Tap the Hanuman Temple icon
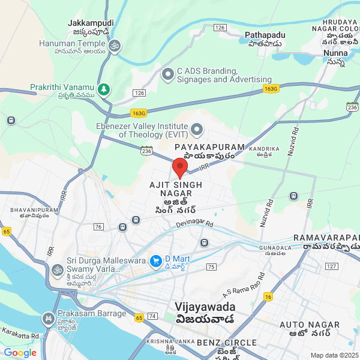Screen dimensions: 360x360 coord(114,44)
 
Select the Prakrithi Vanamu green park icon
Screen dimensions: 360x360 coord(104,89)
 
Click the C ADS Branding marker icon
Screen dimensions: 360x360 coord(168,75)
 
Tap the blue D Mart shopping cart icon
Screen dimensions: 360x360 coord(155,260)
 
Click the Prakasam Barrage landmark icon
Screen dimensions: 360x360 coord(48,317)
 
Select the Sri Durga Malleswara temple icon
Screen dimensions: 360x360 coord(57,269)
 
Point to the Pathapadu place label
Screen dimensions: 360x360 coord(265,35)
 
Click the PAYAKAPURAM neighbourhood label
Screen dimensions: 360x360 coord(209,147)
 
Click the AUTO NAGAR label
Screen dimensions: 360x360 coord(310,325)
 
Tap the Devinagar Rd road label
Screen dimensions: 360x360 coord(194,224)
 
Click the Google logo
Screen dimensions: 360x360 coord(20,352)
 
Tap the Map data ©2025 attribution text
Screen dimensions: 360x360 coord(334,355)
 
